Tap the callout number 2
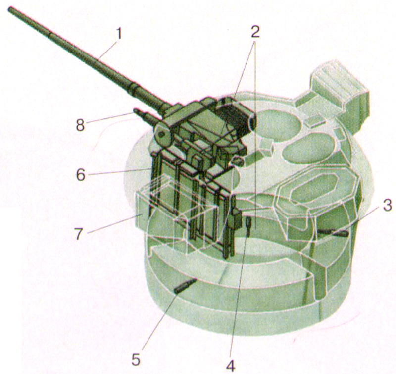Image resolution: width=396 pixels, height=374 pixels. click(255, 31)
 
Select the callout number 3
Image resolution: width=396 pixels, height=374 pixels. click(387, 206)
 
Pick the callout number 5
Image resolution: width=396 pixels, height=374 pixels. click(136, 359)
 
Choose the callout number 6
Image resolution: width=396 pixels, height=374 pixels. click(81, 175)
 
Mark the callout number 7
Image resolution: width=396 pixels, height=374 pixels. click(79, 233)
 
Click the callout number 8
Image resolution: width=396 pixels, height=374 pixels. click(80, 124)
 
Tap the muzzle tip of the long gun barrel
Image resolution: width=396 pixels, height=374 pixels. click(9, 9)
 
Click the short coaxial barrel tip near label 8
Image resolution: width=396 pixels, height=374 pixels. click(135, 110)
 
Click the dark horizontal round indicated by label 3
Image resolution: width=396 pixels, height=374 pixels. click(333, 232)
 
